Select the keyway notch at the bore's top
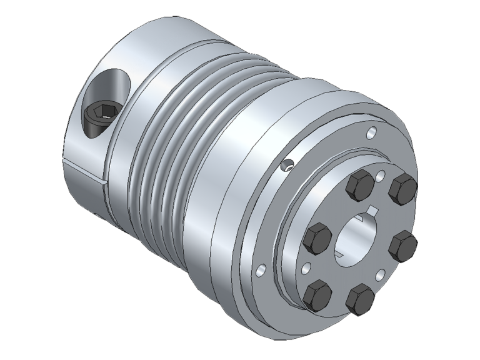pos(373,209)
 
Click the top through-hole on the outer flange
pos(372,132)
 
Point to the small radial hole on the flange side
pos(287,166)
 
